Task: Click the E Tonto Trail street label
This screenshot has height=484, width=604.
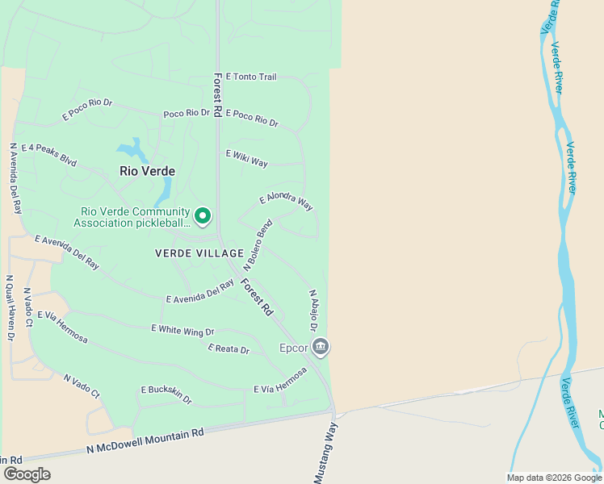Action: click(x=251, y=77)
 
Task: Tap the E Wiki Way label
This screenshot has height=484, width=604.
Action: click(x=247, y=158)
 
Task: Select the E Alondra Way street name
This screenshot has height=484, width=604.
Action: click(x=286, y=202)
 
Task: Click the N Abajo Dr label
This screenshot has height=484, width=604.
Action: click(x=312, y=311)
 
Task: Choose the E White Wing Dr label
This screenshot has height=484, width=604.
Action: click(x=182, y=330)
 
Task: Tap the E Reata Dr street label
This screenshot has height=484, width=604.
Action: click(x=229, y=348)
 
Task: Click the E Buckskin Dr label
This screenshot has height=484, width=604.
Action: click(x=166, y=394)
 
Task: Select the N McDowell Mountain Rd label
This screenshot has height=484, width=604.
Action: click(x=145, y=441)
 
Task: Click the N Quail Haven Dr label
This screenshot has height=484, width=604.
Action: click(x=10, y=307)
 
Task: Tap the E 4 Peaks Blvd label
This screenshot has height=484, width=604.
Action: click(x=49, y=154)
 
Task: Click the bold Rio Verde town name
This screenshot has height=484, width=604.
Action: click(x=147, y=171)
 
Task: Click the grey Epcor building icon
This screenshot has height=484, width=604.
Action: click(x=321, y=347)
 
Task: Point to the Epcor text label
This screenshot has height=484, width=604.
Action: click(x=294, y=348)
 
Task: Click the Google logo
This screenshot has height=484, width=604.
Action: click(x=27, y=474)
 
